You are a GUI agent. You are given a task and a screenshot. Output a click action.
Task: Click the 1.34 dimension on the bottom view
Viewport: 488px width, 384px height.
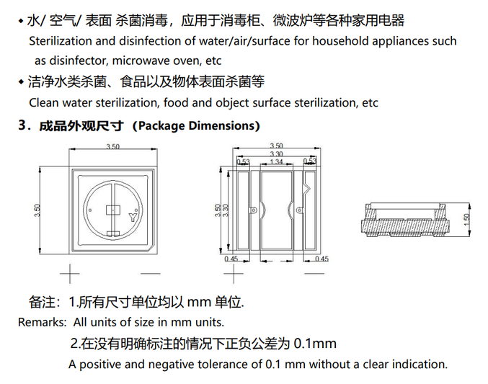(x=276, y=161)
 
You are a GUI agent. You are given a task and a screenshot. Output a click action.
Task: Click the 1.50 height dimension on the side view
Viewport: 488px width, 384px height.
(x=466, y=218)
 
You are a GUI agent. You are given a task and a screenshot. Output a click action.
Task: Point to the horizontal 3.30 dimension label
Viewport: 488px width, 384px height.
(x=276, y=154)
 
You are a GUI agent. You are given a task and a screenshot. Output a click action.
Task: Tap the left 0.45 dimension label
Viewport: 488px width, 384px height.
(x=231, y=259)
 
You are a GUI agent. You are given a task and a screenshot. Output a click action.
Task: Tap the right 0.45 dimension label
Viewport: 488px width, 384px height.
(x=321, y=259)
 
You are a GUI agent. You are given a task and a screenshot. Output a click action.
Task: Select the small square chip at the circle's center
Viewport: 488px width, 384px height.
(x=112, y=210)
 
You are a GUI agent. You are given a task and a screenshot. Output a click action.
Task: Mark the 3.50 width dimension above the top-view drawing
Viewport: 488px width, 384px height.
(x=112, y=147)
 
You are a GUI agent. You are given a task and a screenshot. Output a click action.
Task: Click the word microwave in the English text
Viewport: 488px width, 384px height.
(x=131, y=61)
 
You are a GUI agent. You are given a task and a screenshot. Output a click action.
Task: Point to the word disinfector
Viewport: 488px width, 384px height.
(x=65, y=61)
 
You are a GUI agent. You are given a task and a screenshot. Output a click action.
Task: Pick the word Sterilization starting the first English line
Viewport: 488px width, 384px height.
(x=63, y=41)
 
